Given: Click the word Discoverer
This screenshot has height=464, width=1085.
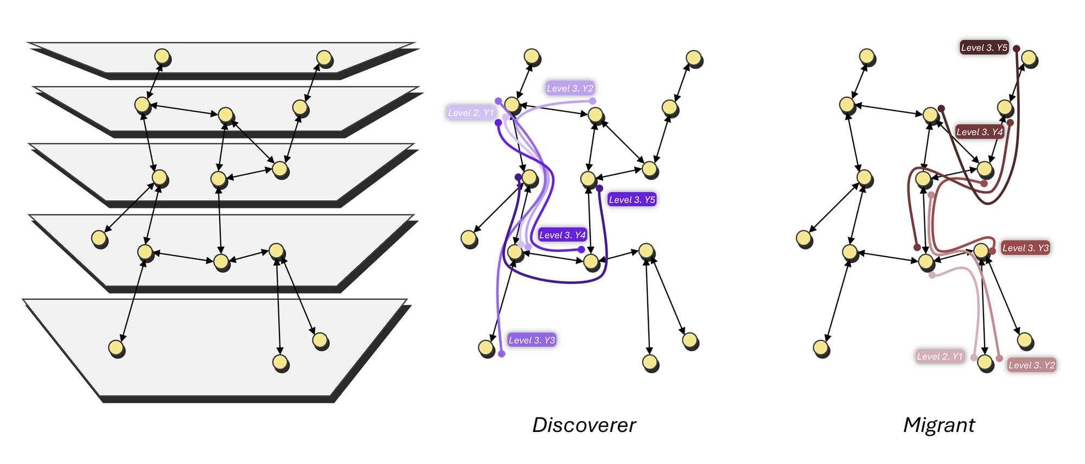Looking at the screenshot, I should point(584,425).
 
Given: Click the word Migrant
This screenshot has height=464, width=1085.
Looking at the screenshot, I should point(939,425).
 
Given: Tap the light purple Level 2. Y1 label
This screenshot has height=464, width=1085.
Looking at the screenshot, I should point(470,113).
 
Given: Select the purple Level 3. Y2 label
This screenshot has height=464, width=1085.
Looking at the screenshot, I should point(570,88).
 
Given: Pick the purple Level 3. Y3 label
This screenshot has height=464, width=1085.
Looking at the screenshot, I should point(532,340).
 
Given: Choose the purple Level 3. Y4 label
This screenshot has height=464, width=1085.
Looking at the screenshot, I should point(562,235).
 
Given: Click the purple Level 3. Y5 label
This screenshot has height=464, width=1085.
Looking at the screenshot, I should point(632,200).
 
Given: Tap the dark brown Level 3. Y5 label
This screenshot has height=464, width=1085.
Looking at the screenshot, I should point(984,48).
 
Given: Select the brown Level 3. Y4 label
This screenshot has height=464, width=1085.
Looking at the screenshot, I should point(979,132).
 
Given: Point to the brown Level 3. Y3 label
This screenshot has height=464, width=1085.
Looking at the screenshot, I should point(1025,248).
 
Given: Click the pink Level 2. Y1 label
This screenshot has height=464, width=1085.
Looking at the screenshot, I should point(940,357).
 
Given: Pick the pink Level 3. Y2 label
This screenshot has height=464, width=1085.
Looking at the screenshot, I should point(1031,365).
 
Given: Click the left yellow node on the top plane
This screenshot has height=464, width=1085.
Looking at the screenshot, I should point(162,56).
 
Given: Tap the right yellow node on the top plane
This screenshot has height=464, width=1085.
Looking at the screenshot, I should point(324,58).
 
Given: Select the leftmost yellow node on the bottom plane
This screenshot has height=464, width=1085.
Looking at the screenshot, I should point(116,347).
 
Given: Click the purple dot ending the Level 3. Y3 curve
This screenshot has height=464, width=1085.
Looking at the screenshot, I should point(502,354).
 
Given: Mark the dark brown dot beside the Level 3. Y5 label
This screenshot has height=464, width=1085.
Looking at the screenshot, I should point(1017,48).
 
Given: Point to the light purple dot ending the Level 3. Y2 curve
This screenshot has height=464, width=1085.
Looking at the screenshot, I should point(592,101).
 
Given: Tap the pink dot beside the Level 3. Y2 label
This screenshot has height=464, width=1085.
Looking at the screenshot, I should point(999,359).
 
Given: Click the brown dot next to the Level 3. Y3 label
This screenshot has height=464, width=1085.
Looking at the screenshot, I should point(992,251).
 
